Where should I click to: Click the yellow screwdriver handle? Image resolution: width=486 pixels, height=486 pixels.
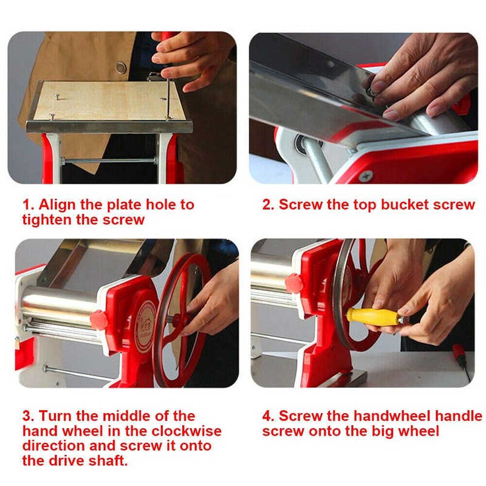(x=369, y=316)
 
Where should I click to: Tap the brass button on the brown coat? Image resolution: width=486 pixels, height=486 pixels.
(x=121, y=67)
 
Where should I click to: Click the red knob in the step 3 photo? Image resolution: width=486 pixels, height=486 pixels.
(x=98, y=318)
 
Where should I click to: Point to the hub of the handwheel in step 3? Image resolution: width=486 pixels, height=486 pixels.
(x=177, y=318)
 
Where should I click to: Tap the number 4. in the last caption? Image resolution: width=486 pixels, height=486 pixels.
(x=269, y=416)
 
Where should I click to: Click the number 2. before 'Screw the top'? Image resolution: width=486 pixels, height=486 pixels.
(x=269, y=204)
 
